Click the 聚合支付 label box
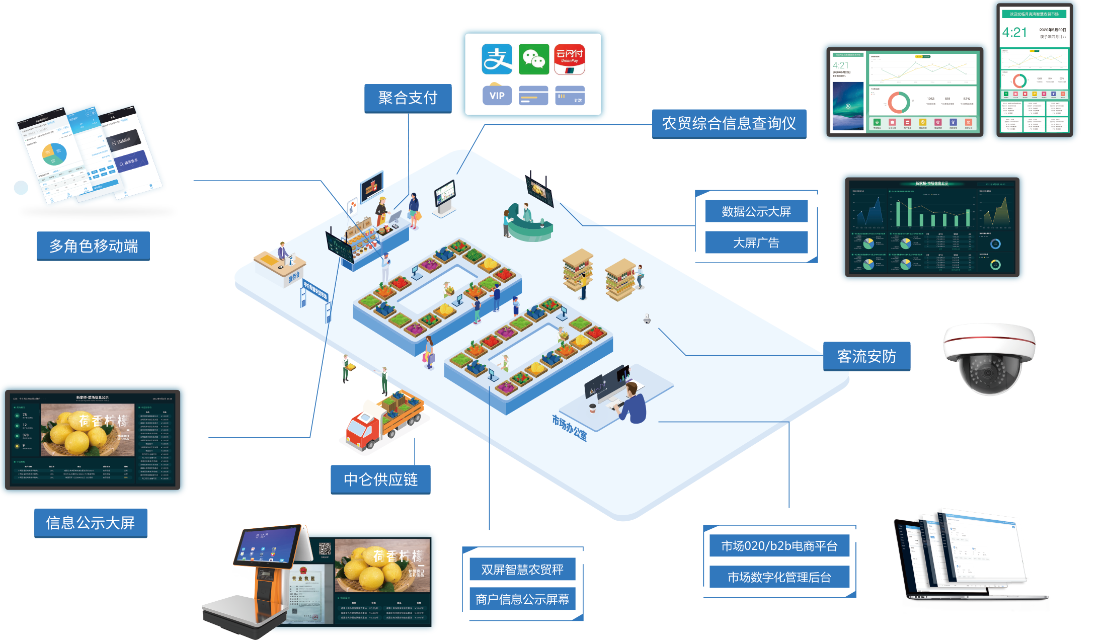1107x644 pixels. click(x=408, y=98)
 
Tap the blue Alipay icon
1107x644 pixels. click(x=497, y=59)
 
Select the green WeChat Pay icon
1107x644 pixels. click(x=533, y=59)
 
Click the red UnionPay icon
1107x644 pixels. click(x=570, y=59)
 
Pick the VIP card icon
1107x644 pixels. click(x=497, y=95)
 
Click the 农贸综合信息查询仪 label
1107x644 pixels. click(x=729, y=124)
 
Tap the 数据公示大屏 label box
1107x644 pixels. click(x=756, y=211)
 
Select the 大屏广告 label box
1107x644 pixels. click(x=756, y=243)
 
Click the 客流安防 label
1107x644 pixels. click(x=866, y=356)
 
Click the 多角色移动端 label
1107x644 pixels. click(x=93, y=246)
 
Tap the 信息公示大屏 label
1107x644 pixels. click(x=91, y=523)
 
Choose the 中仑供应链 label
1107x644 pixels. click(x=380, y=479)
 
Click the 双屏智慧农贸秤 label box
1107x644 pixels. click(x=522, y=569)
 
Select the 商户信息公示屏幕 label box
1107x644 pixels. click(x=522, y=599)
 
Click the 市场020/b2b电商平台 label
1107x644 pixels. click(x=779, y=546)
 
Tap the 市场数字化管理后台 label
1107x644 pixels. click(x=779, y=577)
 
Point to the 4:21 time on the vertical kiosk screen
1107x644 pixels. click(x=1014, y=33)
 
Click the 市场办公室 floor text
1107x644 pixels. click(x=570, y=428)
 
